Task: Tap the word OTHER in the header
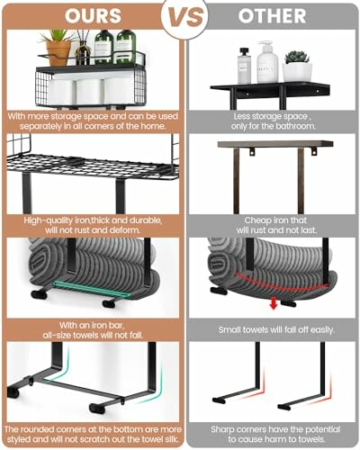(271, 17)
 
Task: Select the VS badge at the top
(184, 17)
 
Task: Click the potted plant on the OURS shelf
(58, 47)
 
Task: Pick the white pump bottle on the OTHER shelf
(265, 63)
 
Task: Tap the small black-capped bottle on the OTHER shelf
(244, 67)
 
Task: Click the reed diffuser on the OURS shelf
(83, 49)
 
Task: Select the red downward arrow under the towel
(271, 302)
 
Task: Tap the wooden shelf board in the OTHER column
(274, 145)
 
